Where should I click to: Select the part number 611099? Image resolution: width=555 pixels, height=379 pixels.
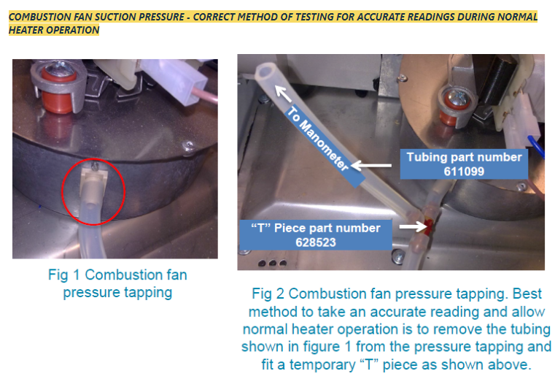(464, 172)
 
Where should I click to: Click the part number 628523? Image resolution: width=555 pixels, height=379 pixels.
(315, 242)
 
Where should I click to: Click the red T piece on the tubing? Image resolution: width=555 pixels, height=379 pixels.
(429, 227)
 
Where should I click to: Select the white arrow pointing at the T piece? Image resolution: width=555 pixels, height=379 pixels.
(414, 226)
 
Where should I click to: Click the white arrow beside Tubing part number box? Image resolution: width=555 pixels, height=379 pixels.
(371, 165)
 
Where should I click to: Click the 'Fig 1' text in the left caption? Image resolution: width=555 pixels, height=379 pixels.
(65, 275)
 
